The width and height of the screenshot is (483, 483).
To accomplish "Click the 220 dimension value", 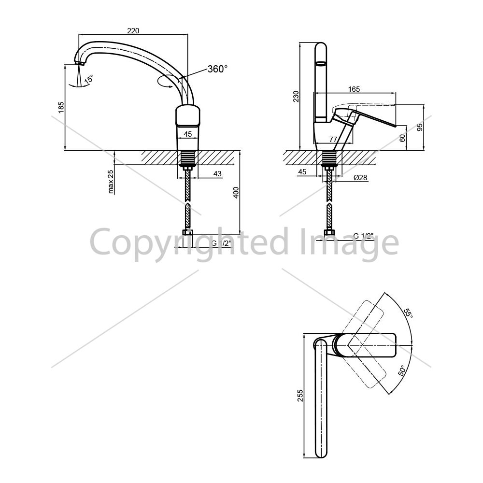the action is coord(133,30).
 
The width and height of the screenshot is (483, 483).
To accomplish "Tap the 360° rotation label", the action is coord(217,69).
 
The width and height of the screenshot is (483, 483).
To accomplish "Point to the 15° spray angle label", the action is coord(89,79).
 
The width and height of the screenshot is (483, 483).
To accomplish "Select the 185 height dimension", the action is coord(61,107).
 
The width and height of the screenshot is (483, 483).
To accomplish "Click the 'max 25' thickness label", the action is coord(111,182).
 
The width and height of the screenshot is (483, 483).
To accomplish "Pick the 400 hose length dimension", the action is coord(236,193).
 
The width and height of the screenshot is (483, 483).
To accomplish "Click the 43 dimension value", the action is coord(217,174).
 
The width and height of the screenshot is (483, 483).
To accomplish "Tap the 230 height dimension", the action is coord(296,97).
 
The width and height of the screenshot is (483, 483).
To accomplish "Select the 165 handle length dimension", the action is coord(354,89).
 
